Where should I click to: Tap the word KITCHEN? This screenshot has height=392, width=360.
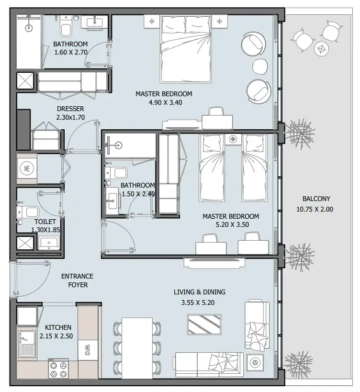point(58,327)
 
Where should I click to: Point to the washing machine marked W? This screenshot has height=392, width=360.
point(27,168)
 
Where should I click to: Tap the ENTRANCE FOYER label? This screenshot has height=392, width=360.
point(77,280)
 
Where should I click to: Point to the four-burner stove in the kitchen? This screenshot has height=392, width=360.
point(57,370)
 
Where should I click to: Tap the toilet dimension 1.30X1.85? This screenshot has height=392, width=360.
point(45,230)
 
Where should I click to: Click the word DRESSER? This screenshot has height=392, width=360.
point(70,109)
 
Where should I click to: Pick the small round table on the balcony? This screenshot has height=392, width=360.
point(320,48)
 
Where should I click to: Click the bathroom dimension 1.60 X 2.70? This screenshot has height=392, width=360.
point(70,53)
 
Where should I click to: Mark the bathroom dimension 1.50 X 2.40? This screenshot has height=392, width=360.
point(137,194)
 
